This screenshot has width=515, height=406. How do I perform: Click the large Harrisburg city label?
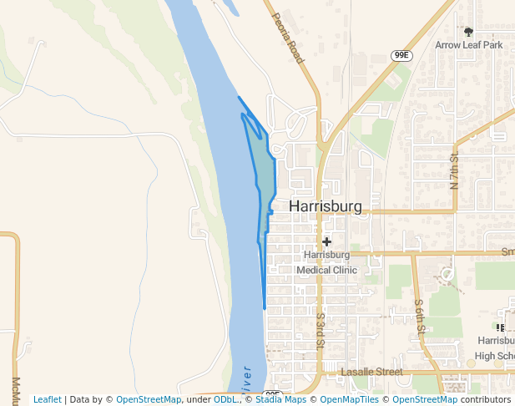pyautogui.click(x=326, y=207)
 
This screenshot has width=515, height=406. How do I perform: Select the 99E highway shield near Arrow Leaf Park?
pyautogui.click(x=402, y=55)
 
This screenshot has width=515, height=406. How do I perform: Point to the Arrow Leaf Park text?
pyautogui.click(x=469, y=45)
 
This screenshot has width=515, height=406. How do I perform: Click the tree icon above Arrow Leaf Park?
pyautogui.click(x=468, y=32)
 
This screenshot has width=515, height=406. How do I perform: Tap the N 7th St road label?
pyautogui.click(x=455, y=169)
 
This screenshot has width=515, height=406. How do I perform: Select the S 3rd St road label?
pyautogui.click(x=320, y=331)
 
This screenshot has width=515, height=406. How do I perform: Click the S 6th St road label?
pyautogui.click(x=420, y=317)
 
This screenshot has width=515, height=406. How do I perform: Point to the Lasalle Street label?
pyautogui.click(x=372, y=371)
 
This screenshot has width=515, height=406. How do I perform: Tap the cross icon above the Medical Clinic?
pyautogui.click(x=327, y=241)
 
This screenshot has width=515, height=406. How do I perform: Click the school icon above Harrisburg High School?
pyautogui.click(x=500, y=328)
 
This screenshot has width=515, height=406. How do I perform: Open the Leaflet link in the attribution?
pyautogui.click(x=48, y=399)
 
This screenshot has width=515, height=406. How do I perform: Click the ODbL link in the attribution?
pyautogui.click(x=226, y=399)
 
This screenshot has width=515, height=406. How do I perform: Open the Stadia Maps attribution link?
pyautogui.click(x=280, y=399)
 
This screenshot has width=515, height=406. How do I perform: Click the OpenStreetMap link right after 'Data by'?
pyautogui.click(x=148, y=399)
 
